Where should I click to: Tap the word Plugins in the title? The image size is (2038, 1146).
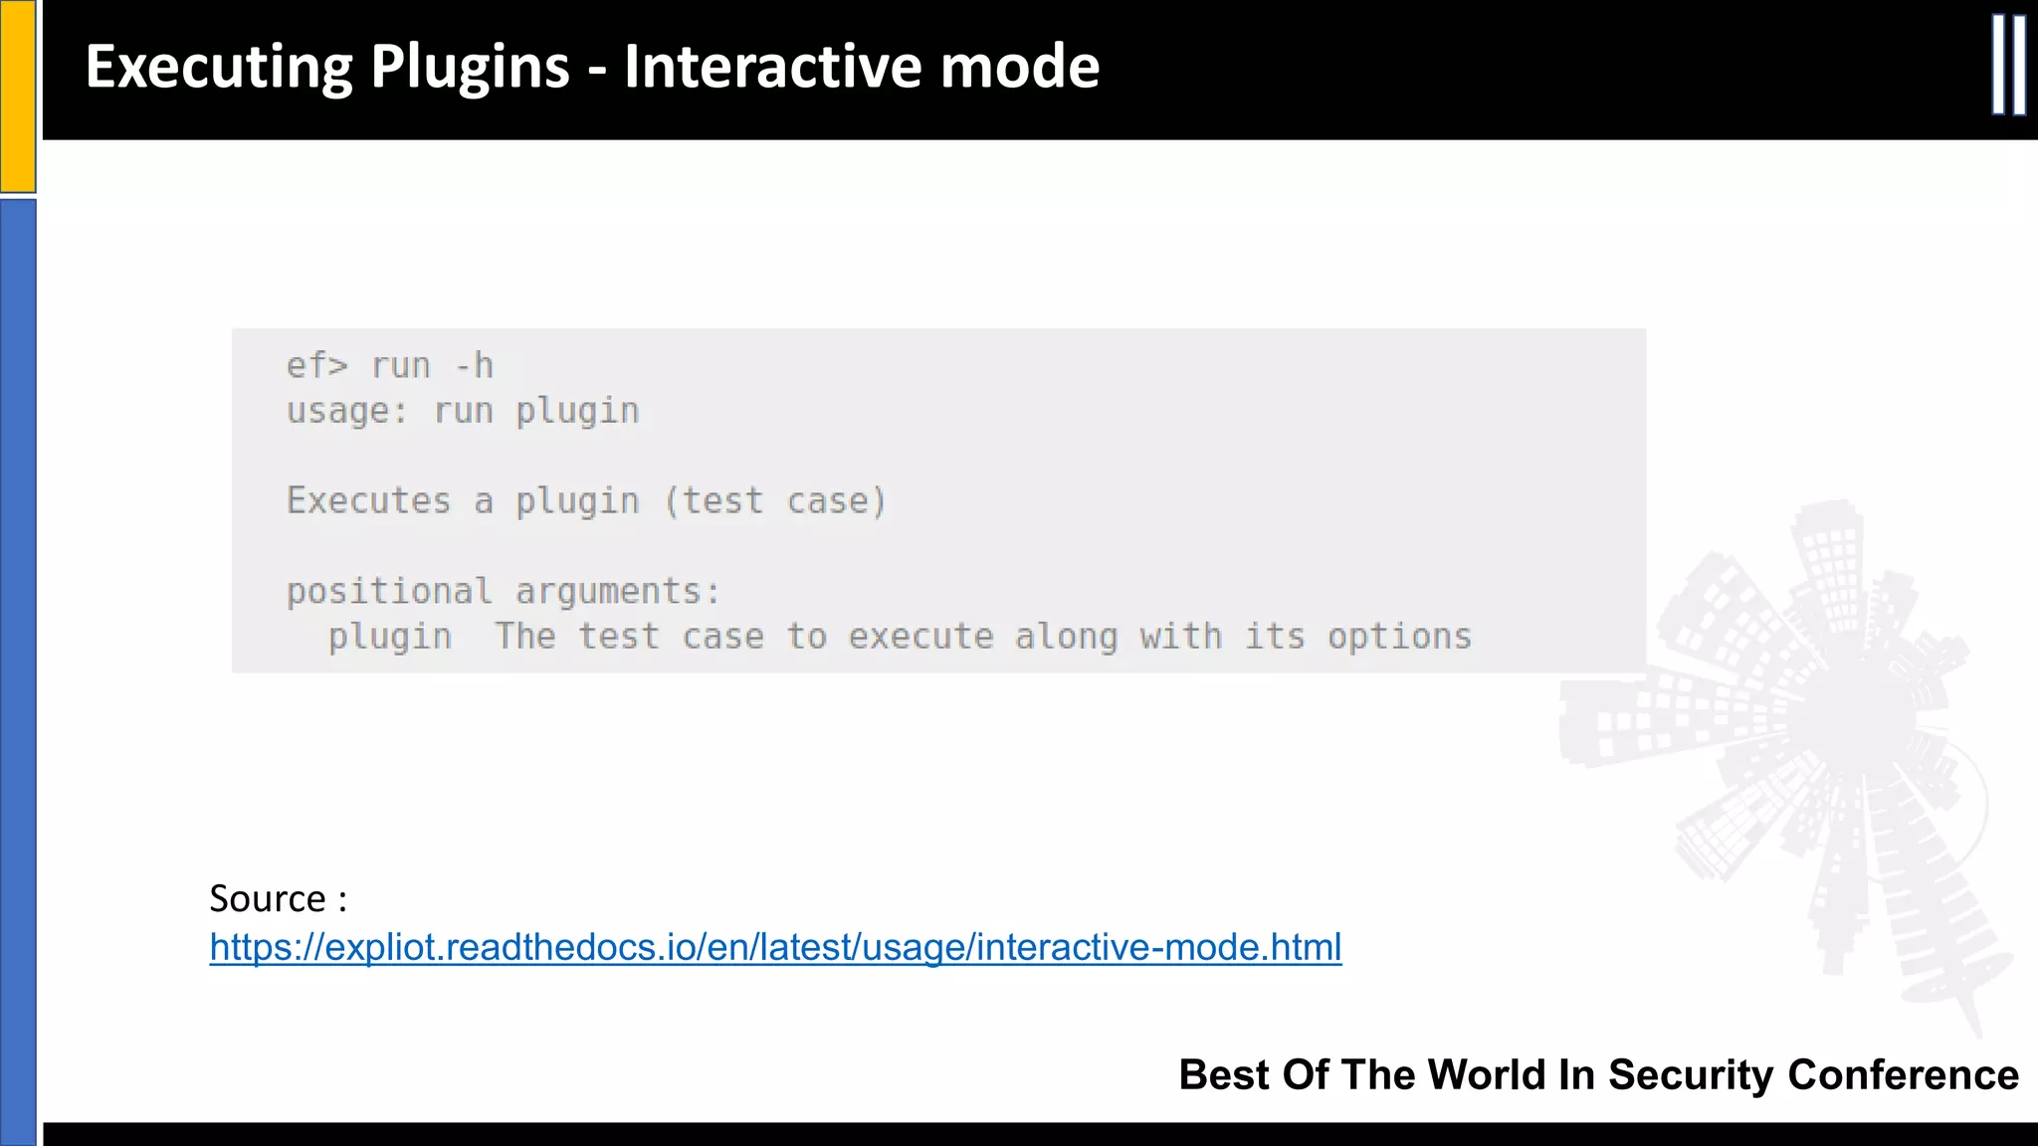click(470, 68)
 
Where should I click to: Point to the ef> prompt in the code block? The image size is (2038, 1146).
click(316, 366)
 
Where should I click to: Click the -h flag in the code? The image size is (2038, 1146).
click(474, 366)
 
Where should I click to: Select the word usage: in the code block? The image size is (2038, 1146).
click(347, 411)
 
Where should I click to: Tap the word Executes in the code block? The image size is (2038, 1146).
click(368, 500)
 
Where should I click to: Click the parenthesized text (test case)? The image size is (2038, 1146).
click(775, 500)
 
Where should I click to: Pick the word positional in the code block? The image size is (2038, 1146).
click(389, 591)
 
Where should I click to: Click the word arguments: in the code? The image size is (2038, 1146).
click(618, 591)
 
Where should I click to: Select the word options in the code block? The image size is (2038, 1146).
click(1399, 637)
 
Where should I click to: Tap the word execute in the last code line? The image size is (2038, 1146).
click(920, 637)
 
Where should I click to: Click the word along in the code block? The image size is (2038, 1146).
click(1066, 637)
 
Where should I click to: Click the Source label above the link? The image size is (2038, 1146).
click(267, 898)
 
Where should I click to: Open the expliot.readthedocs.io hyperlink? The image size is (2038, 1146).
click(775, 947)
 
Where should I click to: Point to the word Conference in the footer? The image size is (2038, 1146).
click(1903, 1075)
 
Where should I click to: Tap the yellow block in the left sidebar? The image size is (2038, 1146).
click(18, 95)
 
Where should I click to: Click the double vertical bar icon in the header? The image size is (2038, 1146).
click(2008, 66)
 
